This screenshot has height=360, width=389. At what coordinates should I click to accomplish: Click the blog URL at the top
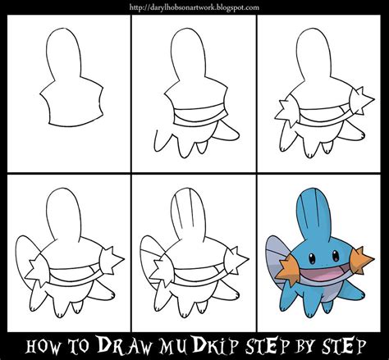194,7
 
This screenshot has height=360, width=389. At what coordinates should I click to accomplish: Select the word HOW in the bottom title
43,347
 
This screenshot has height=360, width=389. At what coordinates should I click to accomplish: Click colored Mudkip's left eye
312,257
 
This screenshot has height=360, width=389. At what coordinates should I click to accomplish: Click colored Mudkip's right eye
336,256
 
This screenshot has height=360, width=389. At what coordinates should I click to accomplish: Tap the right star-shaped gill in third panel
362,101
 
